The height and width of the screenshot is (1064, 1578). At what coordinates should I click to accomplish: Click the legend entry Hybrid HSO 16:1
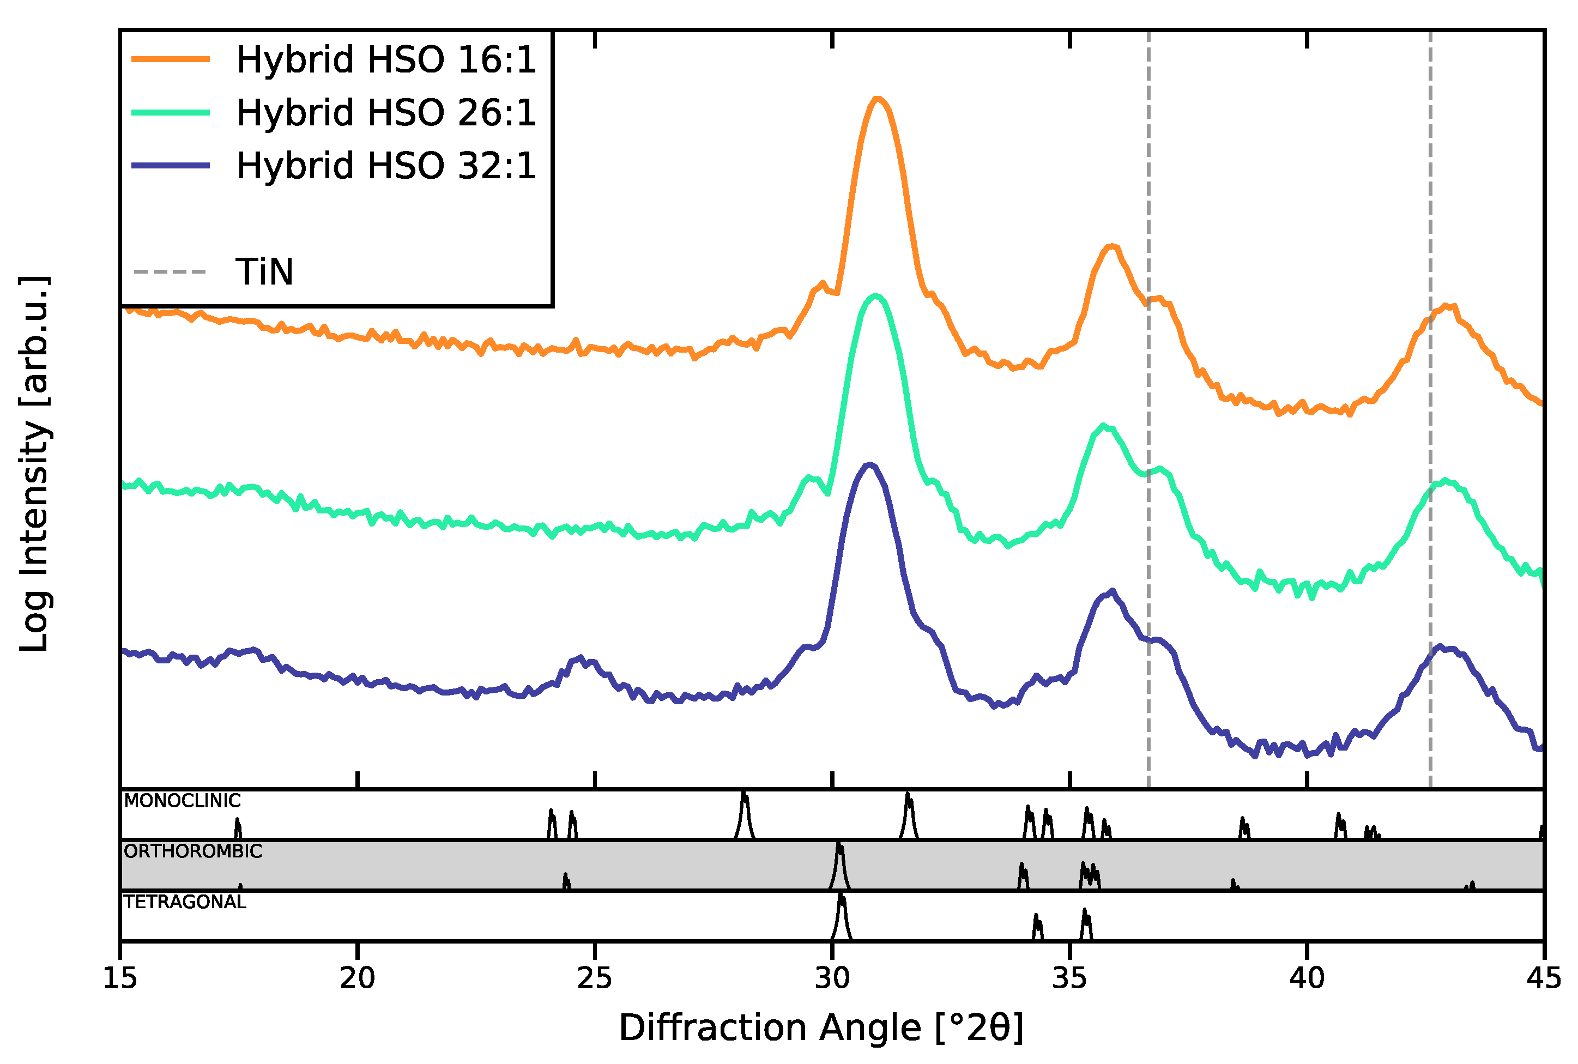coord(386,60)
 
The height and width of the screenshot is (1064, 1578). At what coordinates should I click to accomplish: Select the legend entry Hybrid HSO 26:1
coord(386,113)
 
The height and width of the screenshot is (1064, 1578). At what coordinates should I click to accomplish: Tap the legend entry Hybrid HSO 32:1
coord(386,166)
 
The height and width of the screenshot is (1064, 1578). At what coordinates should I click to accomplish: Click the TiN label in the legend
coord(264,272)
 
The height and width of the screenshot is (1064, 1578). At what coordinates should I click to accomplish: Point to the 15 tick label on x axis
coord(120,979)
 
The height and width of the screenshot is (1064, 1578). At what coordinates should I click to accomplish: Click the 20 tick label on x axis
coord(358,979)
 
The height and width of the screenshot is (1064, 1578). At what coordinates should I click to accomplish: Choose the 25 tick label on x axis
coord(595,979)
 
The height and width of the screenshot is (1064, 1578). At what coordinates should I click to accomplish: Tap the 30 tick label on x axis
coord(832,979)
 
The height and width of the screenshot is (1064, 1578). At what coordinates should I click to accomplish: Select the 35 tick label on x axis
coord(1070,979)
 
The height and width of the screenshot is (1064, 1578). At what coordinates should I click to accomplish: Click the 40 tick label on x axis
coord(1307,979)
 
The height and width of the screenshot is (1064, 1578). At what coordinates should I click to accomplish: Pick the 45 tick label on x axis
coord(1544,979)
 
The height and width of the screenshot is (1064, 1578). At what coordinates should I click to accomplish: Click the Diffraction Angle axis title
coord(821,1028)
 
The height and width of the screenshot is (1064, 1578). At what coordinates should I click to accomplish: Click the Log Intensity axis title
coord(34,464)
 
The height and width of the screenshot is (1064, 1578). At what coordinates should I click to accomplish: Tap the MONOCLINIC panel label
coord(182,801)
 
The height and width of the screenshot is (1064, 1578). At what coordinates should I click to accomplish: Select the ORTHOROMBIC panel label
coord(192,851)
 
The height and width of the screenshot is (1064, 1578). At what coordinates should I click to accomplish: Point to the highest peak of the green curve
coord(876,295)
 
